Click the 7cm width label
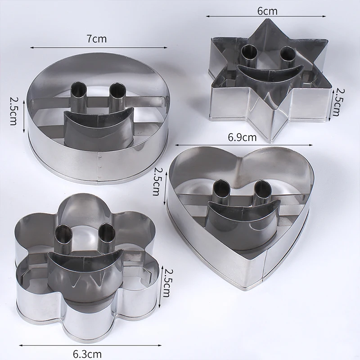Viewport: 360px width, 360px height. click(x=97, y=39)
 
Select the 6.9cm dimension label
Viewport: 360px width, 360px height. click(x=241, y=137)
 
